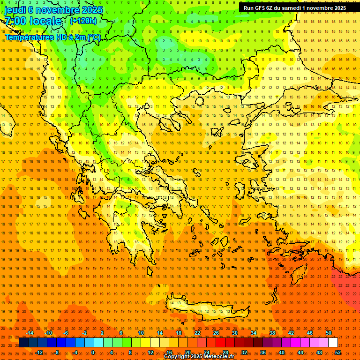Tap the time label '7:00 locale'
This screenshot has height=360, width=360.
coord(33,21)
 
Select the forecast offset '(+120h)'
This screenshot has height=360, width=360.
coord(83,21)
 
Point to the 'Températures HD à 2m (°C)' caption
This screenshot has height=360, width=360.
coord(52,37)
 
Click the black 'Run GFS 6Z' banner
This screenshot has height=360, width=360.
coord(295,7)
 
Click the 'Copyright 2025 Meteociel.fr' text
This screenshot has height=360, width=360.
coord(199,356)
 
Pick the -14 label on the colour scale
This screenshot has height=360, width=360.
coord(30,333)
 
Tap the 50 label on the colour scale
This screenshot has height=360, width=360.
coord(329,333)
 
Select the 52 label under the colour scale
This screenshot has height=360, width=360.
coord(338,352)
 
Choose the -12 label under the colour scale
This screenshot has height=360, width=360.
coord(39,352)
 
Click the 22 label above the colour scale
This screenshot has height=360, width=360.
coord(197,333)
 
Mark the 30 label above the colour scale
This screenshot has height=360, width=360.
coord(235,333)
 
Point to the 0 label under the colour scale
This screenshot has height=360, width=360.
coord(93,352)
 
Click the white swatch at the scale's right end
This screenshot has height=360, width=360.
coord(333,343)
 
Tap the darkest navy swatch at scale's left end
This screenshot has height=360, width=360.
coord(23,343)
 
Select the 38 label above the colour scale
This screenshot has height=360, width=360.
coord(272,333)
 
